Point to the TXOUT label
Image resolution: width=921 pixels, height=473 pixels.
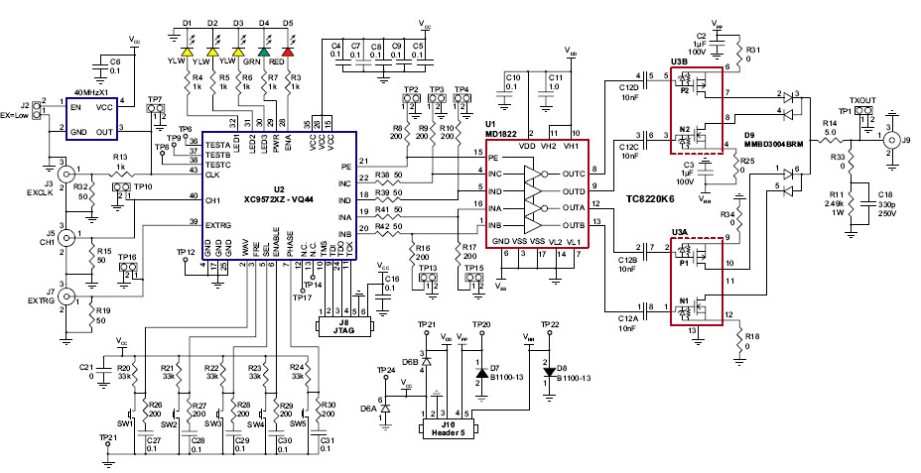(863, 100)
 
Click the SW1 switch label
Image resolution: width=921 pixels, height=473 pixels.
(125, 423)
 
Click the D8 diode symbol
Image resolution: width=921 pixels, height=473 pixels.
(549, 371)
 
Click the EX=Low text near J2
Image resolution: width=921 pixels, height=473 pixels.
(20, 115)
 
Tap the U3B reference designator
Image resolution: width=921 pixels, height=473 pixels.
(680, 61)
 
